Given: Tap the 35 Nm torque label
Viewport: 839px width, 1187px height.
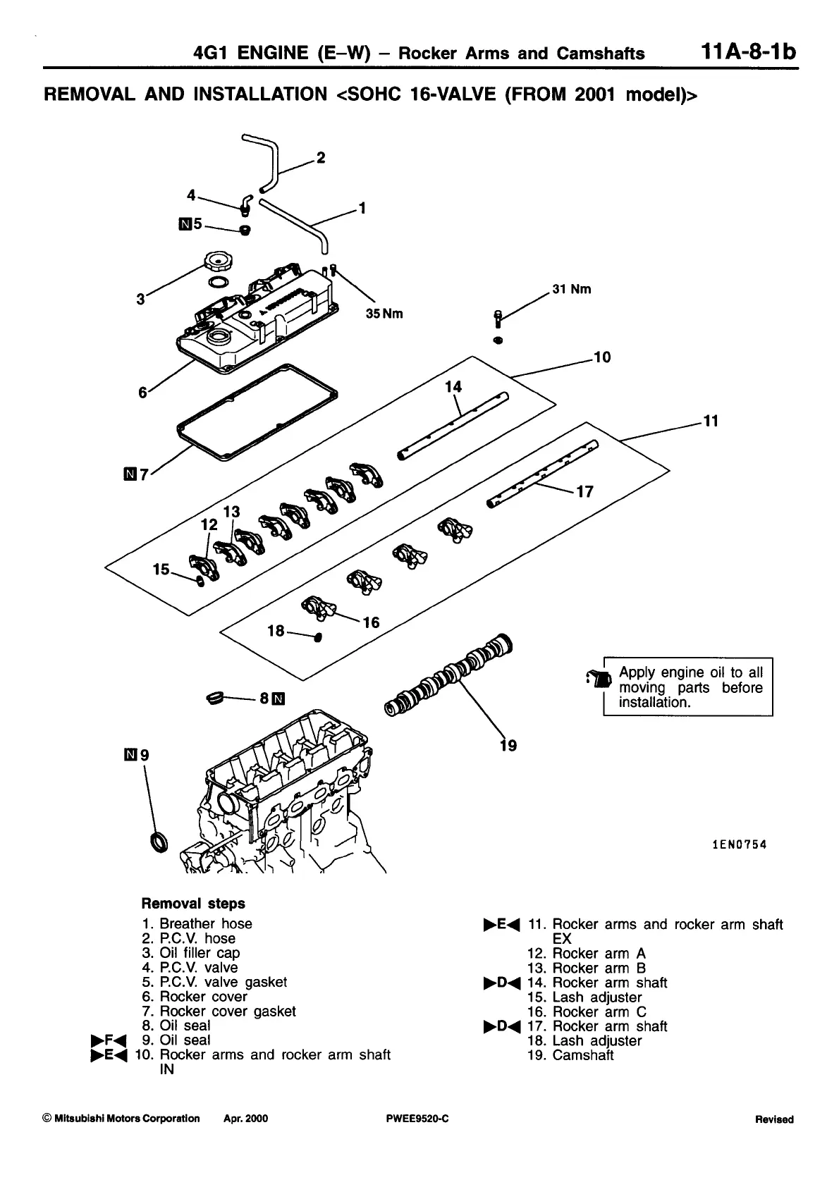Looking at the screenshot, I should [x=384, y=314].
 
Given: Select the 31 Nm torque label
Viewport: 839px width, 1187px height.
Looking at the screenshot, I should [x=571, y=289].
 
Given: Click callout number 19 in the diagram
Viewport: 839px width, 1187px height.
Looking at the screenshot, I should [x=508, y=745].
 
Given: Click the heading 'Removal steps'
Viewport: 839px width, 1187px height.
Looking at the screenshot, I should [x=193, y=904].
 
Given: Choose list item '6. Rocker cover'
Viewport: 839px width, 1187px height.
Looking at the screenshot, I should [x=195, y=997].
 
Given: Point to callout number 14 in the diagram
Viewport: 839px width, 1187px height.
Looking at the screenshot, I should [x=453, y=387].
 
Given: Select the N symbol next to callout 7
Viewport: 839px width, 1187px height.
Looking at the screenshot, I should [x=129, y=475].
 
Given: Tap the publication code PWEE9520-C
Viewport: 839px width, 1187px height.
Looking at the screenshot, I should [x=413, y=1119].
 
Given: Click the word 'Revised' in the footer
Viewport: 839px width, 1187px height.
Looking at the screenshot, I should [x=773, y=1119].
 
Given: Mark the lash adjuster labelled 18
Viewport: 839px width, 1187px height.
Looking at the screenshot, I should [x=317, y=637].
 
